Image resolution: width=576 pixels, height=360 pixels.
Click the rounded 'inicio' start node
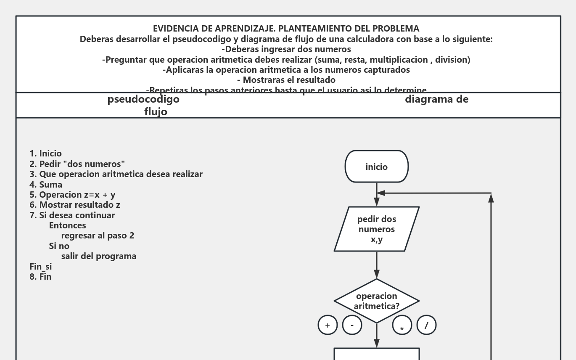(376, 167)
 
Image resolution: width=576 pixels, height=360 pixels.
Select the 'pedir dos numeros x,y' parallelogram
(376, 229)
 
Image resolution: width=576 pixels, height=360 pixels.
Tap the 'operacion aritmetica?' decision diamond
(376, 301)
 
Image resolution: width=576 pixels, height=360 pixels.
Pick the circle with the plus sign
(328, 325)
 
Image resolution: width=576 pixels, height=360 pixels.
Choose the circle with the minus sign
(352, 325)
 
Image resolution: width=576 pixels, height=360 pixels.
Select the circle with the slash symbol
(426, 325)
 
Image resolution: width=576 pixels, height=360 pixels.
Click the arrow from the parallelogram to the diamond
(377, 265)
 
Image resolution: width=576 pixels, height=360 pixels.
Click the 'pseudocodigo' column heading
(143, 100)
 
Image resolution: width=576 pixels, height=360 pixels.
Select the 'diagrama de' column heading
(436, 100)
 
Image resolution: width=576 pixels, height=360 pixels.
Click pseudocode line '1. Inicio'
(46, 154)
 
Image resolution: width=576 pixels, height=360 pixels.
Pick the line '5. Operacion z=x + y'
(72, 195)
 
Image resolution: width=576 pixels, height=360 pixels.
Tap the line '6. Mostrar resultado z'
(75, 205)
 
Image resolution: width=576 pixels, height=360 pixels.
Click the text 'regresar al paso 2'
(98, 236)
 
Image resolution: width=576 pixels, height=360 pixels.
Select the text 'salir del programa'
(99, 256)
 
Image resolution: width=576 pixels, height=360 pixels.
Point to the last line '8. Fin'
(40, 277)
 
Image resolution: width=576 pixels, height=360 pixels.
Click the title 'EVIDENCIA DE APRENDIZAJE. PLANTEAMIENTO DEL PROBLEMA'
(286, 29)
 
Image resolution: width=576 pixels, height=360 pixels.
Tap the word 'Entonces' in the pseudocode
(67, 225)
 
